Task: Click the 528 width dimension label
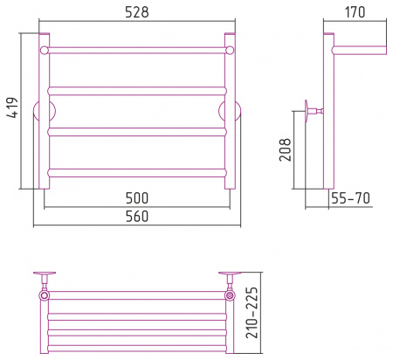coord(137,12)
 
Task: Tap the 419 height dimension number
coord(13,107)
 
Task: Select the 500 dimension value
coord(137,198)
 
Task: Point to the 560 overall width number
coord(137,217)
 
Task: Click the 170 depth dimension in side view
coord(355,12)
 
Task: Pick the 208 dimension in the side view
coord(286,149)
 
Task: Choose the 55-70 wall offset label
coord(350,198)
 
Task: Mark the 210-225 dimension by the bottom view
coord(252,313)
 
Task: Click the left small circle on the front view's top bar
coord(45,51)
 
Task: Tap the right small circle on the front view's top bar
coord(230,51)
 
